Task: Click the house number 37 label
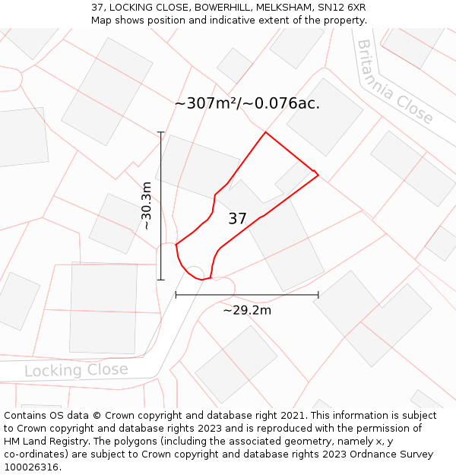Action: (x=237, y=219)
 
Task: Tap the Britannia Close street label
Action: (x=394, y=82)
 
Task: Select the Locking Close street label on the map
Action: (x=76, y=370)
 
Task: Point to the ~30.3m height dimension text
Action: (x=147, y=205)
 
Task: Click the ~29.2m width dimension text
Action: (x=247, y=310)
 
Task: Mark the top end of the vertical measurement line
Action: (x=160, y=132)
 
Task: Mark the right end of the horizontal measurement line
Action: (x=318, y=295)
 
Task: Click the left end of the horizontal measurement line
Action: (x=176, y=295)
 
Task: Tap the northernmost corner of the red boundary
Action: (x=265, y=132)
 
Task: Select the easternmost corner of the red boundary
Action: (x=318, y=176)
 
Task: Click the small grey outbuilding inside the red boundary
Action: (x=293, y=176)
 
